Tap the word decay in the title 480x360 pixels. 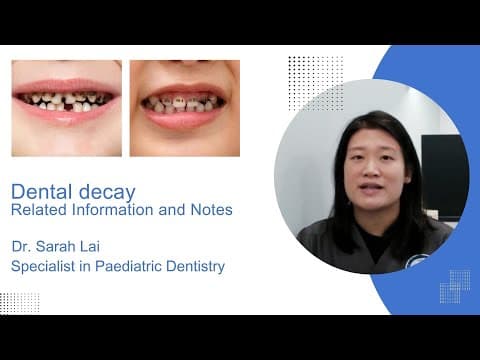[107, 193]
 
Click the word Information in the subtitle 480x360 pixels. [113, 210]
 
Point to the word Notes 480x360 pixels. [211, 210]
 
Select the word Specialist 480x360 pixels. [43, 266]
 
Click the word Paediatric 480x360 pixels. [128, 266]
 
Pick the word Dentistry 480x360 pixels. [195, 267]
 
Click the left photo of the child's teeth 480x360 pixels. [67, 108]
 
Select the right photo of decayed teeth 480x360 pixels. [185, 108]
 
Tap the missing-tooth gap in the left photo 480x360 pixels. [68, 107]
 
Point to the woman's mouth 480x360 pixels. [371, 189]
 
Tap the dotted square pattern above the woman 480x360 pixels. [316, 84]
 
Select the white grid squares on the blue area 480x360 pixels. [455, 287]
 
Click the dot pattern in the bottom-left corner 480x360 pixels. [20, 303]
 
